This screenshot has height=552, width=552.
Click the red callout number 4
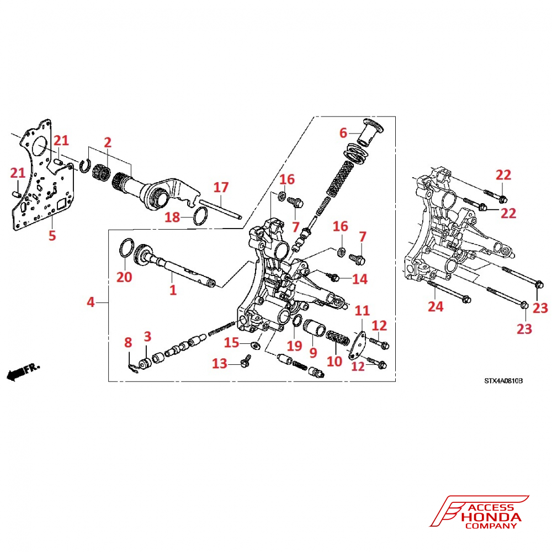point(91,302)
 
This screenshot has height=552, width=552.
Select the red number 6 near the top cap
point(343,133)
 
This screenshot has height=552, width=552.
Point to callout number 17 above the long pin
point(221,187)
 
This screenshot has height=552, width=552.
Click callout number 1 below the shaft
point(173,289)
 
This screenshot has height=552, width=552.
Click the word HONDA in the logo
point(491,517)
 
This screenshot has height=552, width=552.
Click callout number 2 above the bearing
point(108,142)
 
